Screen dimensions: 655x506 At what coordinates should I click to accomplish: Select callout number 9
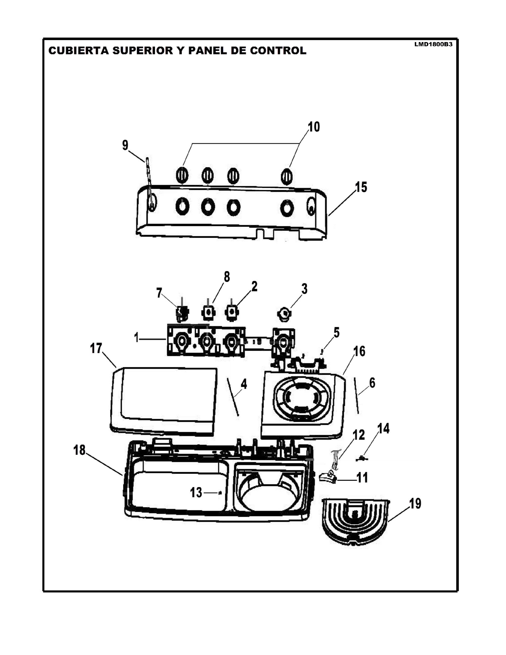[125, 145]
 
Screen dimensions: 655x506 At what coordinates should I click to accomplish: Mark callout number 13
[196, 492]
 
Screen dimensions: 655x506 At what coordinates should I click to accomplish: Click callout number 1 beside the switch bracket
[137, 338]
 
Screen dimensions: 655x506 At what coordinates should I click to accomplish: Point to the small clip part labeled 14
[363, 458]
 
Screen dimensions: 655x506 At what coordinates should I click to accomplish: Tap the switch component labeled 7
[182, 312]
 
